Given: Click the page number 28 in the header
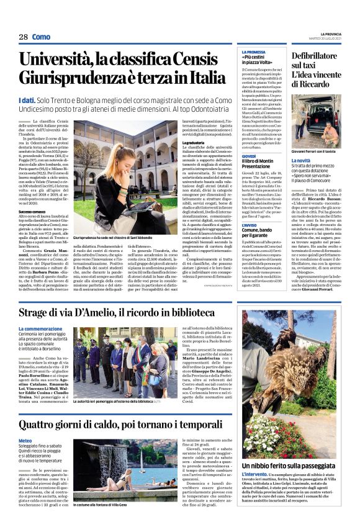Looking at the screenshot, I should pos(23,37).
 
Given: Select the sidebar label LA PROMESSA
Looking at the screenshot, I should pos(253,52).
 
